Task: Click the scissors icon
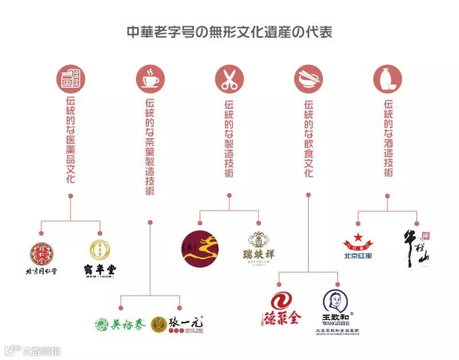(x=229, y=79)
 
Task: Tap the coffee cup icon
(x=150, y=79)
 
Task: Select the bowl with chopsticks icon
(x=308, y=79)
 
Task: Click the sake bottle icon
(x=387, y=79)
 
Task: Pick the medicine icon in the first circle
(x=71, y=79)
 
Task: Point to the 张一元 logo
(x=178, y=325)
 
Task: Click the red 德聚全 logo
(x=278, y=309)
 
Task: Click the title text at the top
(x=229, y=32)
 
